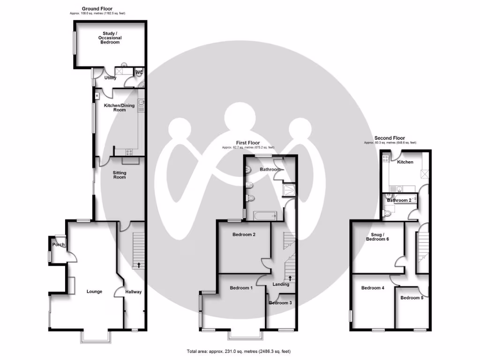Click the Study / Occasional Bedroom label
tap(112, 38)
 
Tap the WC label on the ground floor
tap(139, 72)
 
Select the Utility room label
tap(110, 78)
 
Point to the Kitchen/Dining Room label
tap(119, 107)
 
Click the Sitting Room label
tap(120, 175)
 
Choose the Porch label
tap(59, 245)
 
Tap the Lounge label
tap(94, 292)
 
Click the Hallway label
tap(133, 292)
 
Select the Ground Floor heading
tap(97, 8)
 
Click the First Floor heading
tap(247, 143)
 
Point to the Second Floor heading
tap(390, 138)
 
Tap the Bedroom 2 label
tap(244, 235)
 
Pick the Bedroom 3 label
tap(280, 303)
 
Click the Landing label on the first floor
tap(281, 284)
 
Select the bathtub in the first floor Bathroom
tap(265, 216)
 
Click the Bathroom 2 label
tap(399, 201)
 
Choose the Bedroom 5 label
tap(412, 298)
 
